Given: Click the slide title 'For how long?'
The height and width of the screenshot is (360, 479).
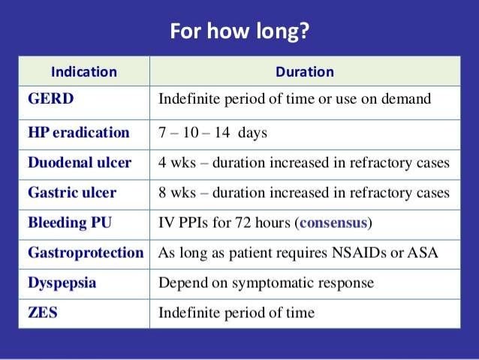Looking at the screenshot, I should pyautogui.click(x=239, y=32).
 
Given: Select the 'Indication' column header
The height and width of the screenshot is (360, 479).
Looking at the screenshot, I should pyautogui.click(x=83, y=72).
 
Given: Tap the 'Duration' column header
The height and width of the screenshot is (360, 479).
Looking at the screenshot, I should pyautogui.click(x=305, y=72).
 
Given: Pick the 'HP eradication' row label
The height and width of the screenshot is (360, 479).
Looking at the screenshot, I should pyautogui.click(x=79, y=133).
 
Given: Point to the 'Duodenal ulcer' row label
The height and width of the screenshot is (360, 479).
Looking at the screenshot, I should pyautogui.click(x=80, y=163).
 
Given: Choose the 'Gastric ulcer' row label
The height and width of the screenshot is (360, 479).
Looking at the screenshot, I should pyautogui.click(x=72, y=193).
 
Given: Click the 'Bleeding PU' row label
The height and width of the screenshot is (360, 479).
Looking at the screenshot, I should pyautogui.click(x=68, y=223).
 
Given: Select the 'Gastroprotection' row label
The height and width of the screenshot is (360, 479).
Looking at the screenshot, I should pyautogui.click(x=86, y=253).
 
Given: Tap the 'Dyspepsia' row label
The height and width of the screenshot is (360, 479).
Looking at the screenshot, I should pyautogui.click(x=63, y=283).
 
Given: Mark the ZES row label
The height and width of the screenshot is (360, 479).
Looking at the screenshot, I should pyautogui.click(x=43, y=313).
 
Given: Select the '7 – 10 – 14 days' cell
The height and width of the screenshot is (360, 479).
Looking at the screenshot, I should pyautogui.click(x=212, y=133).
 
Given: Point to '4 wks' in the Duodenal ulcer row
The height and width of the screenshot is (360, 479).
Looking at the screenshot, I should pyautogui.click(x=176, y=163).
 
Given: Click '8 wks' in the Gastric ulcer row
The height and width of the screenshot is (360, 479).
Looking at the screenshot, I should pyautogui.click(x=176, y=193).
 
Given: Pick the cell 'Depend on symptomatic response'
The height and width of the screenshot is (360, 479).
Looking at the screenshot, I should pyautogui.click(x=266, y=283).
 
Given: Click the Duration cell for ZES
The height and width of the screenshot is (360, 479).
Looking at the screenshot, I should pyautogui.click(x=236, y=313).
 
